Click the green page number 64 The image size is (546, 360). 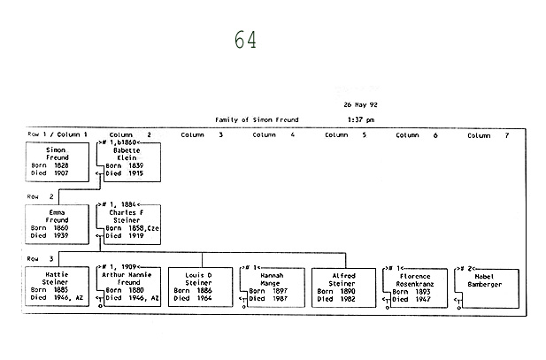[x=246, y=41]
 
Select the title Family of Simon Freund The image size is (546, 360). [x=257, y=119]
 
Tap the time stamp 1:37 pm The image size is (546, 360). [x=360, y=119]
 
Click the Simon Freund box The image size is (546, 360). [x=58, y=162]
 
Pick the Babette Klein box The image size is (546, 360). [x=132, y=162]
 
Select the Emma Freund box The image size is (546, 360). [x=58, y=225]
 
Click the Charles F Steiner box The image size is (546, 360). [x=132, y=225]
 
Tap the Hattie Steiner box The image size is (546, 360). [x=58, y=287]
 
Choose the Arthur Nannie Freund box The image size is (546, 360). [x=132, y=287]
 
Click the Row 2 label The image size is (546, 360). [x=41, y=195]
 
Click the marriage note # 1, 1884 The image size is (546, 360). [x=121, y=204]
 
